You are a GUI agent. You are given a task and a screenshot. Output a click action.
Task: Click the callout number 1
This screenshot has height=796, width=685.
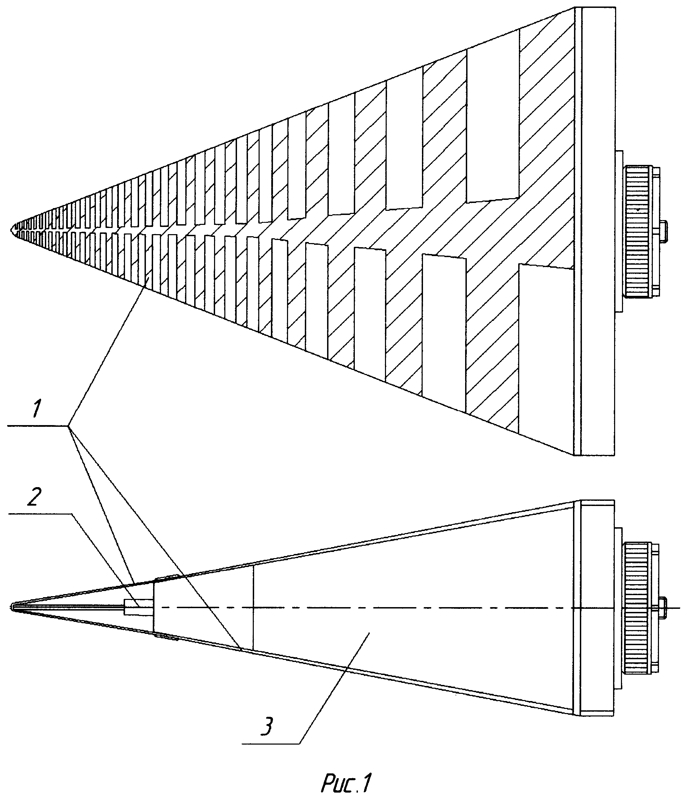tap(35, 409)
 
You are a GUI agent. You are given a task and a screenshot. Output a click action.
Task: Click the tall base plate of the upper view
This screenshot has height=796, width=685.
tap(598, 231)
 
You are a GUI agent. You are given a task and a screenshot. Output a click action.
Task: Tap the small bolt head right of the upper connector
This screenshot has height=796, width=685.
tap(664, 231)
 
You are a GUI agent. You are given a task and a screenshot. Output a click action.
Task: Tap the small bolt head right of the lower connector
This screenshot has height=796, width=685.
tap(664, 608)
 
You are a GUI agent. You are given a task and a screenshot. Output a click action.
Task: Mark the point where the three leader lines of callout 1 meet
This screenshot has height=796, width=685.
tap(68, 426)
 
